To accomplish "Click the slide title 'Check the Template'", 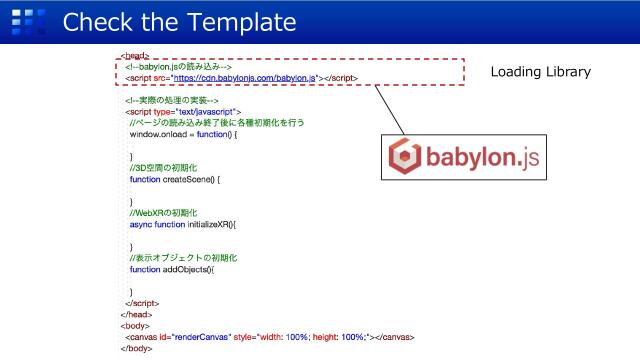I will pyautogui.click(x=180, y=21).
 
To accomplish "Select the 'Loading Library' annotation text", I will pyautogui.click(x=540, y=73).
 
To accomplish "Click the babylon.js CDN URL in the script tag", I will pyautogui.click(x=244, y=77).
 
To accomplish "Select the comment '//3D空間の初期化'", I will pyautogui.click(x=164, y=168).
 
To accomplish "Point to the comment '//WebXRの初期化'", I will pyautogui.click(x=164, y=213).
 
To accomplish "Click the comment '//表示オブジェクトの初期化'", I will pyautogui.click(x=186, y=258).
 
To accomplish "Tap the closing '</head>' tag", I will pyautogui.click(x=133, y=313).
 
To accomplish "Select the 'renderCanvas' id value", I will pyautogui.click(x=202, y=337).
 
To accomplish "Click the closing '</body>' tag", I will pyautogui.click(x=135, y=348).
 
